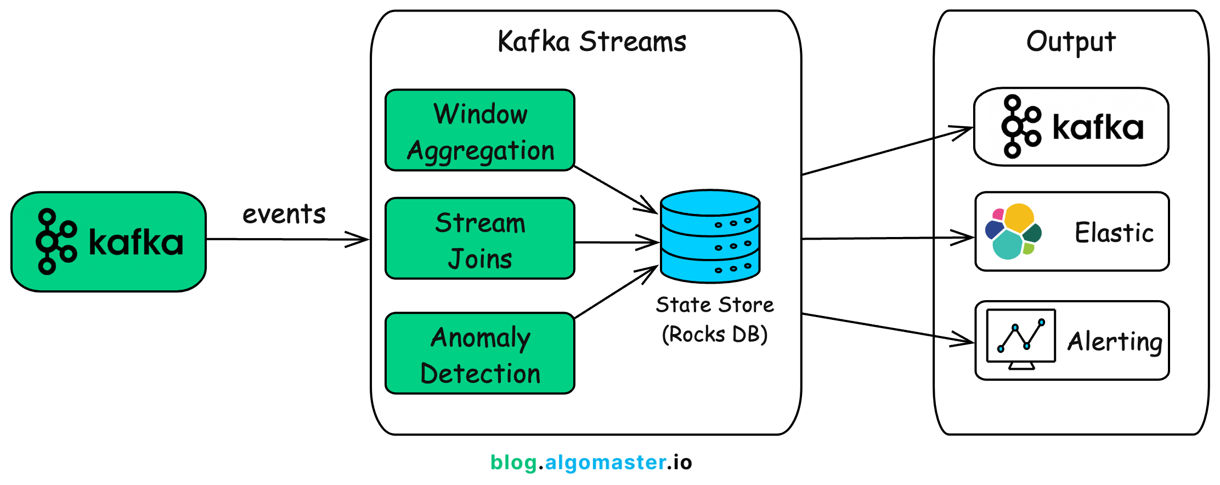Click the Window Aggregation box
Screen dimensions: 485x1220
pyautogui.click(x=480, y=131)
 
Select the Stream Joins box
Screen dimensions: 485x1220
pyautogui.click(x=480, y=239)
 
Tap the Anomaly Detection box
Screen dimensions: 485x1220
pyautogui.click(x=480, y=353)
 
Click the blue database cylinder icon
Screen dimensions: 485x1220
pyautogui.click(x=710, y=236)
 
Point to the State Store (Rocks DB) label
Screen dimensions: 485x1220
pyautogui.click(x=714, y=319)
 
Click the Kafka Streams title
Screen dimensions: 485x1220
pyautogui.click(x=591, y=42)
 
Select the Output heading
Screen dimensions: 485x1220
pyautogui.click(x=1071, y=42)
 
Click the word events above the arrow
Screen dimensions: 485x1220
pyautogui.click(x=284, y=214)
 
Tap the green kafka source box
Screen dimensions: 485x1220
pyautogui.click(x=109, y=241)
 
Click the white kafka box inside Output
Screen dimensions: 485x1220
pyautogui.click(x=1071, y=127)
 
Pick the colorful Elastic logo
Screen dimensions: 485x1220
pyautogui.click(x=1013, y=232)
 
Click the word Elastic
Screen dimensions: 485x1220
pyautogui.click(x=1114, y=233)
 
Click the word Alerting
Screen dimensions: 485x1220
pyautogui.click(x=1115, y=342)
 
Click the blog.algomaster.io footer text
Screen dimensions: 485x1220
pyautogui.click(x=591, y=463)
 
